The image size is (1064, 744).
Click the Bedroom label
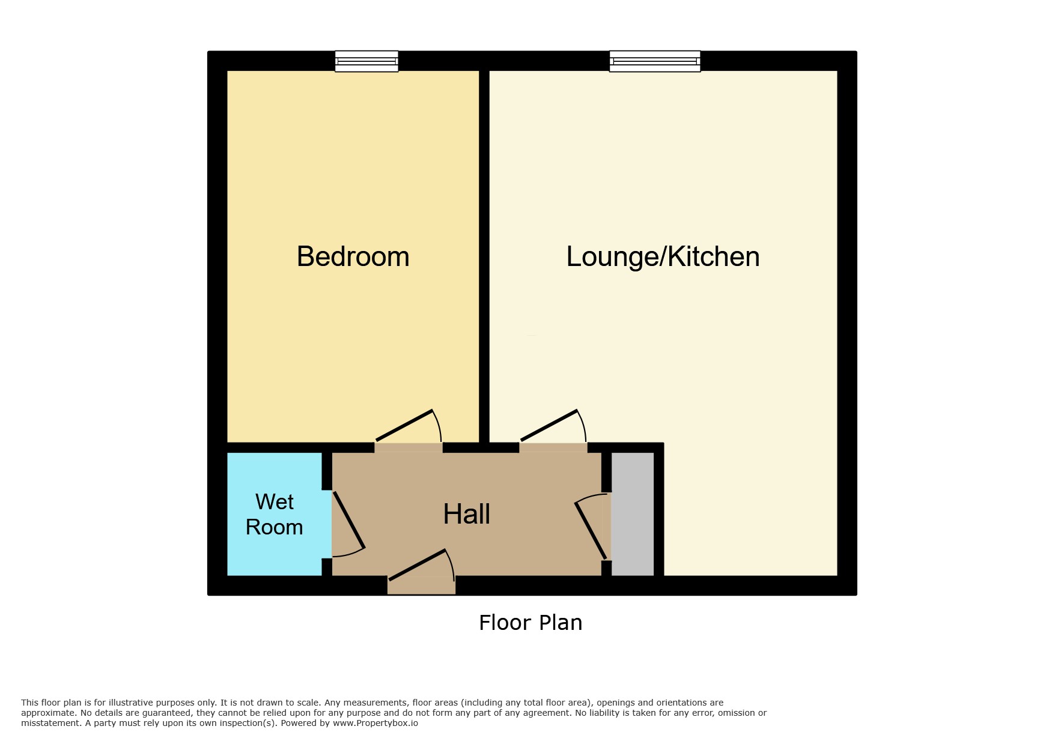click(x=353, y=256)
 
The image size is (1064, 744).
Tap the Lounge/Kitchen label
click(x=663, y=257)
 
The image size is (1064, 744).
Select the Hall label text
click(x=467, y=514)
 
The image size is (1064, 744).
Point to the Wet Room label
click(x=275, y=515)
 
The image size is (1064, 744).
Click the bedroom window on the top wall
click(x=366, y=61)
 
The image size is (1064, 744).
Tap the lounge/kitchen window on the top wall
click(x=655, y=61)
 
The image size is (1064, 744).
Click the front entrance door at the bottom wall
click(x=421, y=570)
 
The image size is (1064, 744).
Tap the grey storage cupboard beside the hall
click(x=633, y=514)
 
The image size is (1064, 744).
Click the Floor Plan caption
click(x=530, y=623)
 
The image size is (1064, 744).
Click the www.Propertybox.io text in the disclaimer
click(x=375, y=723)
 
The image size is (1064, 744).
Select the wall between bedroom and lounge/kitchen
click(x=484, y=256)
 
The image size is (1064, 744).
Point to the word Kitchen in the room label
click(x=714, y=256)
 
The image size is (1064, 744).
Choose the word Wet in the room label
click(x=275, y=501)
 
